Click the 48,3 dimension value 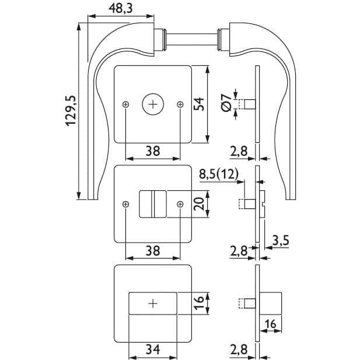click(121, 8)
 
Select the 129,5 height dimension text click(71, 111)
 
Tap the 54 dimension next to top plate click(198, 104)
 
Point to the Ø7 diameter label click(226, 103)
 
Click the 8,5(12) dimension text click(219, 174)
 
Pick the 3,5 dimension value click(281, 240)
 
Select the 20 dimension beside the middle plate click(198, 204)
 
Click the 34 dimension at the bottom click(153, 349)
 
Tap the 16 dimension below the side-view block click(270, 324)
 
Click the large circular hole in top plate click(153, 104)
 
